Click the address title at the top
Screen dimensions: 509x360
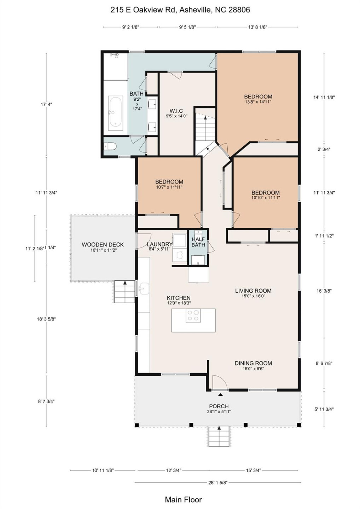coord(180,10)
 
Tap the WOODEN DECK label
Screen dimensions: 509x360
coord(103,245)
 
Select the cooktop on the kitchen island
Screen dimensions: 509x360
coord(193,316)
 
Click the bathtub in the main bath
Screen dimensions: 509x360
coord(116,113)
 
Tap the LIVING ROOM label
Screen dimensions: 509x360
coord(253,291)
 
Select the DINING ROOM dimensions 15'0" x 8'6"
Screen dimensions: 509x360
coord(253,369)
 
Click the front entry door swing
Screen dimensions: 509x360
coord(219,382)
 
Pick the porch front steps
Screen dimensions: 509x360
coord(219,436)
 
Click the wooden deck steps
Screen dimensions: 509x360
coord(124,292)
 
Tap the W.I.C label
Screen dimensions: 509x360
coord(176,111)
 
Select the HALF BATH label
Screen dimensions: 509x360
coord(198,242)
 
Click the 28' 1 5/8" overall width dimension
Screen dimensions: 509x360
coord(217,482)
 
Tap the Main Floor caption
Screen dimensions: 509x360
coord(183,499)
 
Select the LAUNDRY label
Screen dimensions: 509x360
coord(159,244)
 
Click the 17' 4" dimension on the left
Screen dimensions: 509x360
coord(46,104)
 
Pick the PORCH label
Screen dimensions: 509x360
coord(219,406)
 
